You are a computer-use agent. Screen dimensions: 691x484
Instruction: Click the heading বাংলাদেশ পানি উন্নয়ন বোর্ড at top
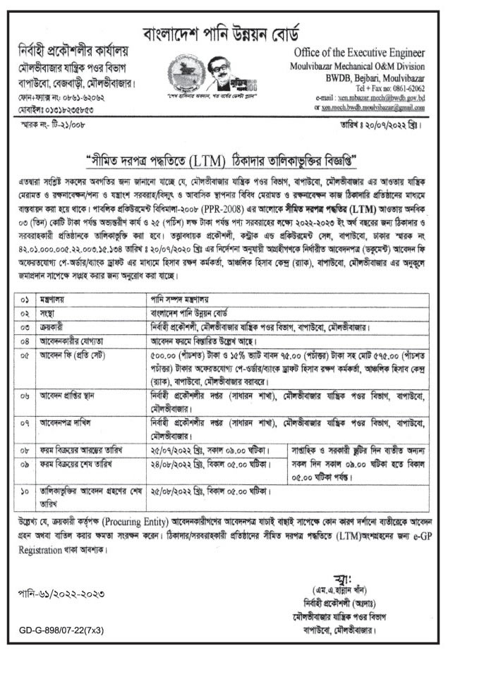coord(241,33)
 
